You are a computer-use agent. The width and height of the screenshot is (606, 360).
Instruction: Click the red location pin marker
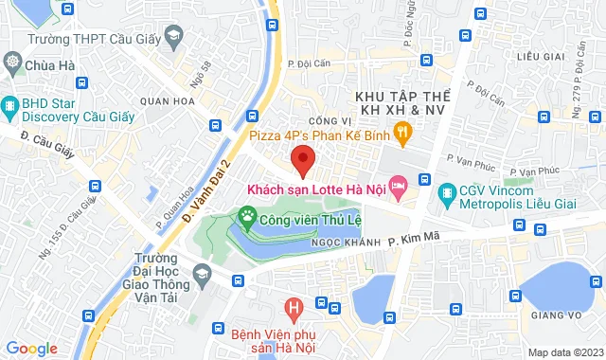click(x=302, y=159)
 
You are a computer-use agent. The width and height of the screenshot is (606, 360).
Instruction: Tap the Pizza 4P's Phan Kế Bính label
click(x=317, y=135)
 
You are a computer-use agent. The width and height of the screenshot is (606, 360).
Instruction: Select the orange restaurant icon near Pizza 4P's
click(x=401, y=134)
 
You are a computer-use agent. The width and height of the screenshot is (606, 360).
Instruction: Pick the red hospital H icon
click(x=294, y=308)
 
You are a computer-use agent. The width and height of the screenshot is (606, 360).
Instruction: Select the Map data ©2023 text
click(x=564, y=352)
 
